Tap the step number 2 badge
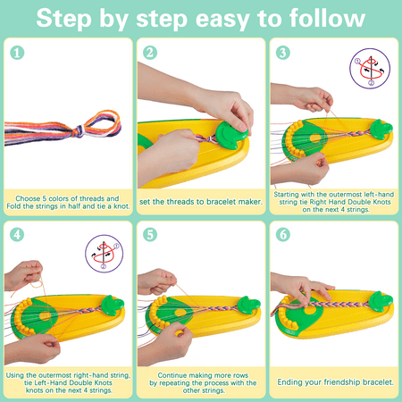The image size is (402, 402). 150,53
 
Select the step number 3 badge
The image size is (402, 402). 283,53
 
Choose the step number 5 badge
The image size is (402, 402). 150,235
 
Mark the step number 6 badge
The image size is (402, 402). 283,235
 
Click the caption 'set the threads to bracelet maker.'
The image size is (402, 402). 202,200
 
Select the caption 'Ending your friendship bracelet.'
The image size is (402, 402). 336,382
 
